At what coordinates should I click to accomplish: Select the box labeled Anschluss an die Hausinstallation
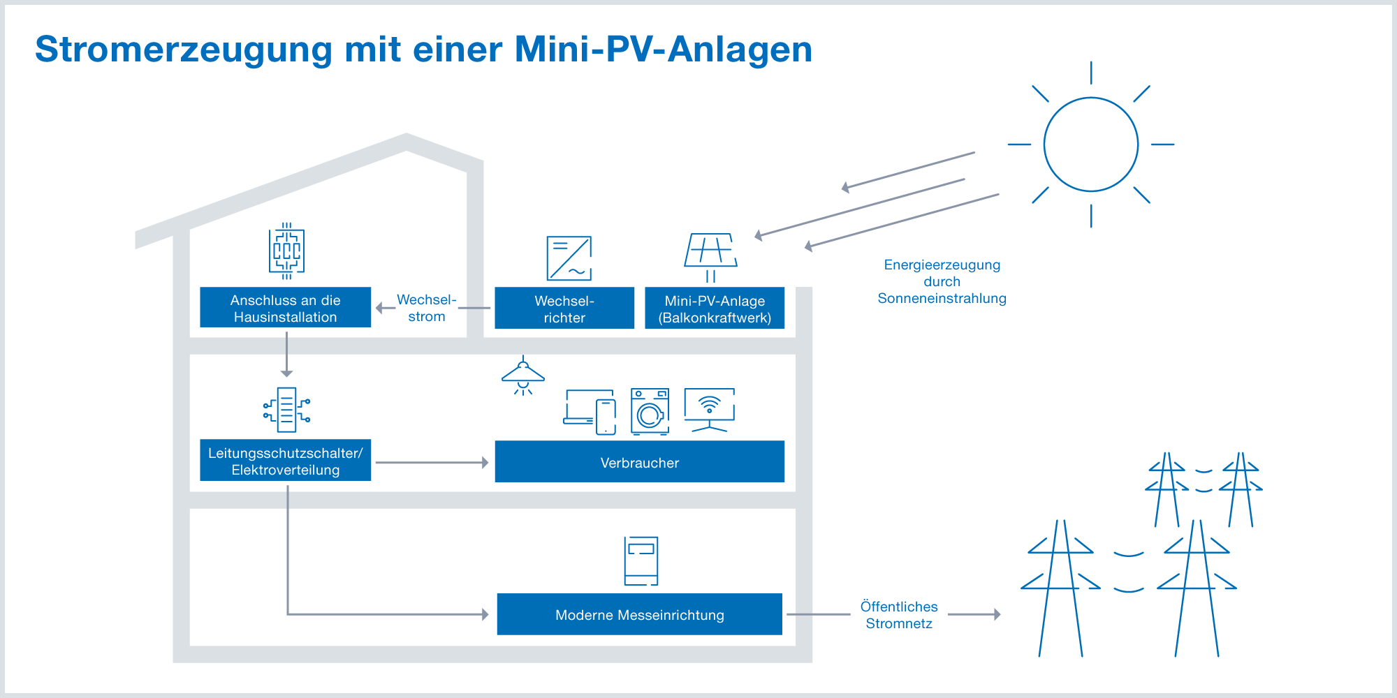click(285, 308)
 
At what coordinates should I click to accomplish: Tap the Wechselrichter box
click(564, 309)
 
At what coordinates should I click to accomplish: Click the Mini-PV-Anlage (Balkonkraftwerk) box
click(715, 309)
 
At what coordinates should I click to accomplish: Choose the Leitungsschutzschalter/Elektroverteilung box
click(285, 461)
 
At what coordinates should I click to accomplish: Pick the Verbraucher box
click(639, 462)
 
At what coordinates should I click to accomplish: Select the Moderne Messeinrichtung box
click(639, 614)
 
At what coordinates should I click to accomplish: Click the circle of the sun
click(1090, 144)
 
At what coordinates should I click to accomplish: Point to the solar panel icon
click(711, 251)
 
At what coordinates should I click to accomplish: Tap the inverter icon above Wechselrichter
click(569, 258)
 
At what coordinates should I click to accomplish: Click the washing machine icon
click(650, 412)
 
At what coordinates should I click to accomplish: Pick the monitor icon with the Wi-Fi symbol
click(709, 409)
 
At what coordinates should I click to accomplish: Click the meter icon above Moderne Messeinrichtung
click(641, 560)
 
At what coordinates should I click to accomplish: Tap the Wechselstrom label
click(426, 308)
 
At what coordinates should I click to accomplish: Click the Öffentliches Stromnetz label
click(899, 615)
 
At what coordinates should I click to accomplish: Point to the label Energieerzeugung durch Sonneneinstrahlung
click(942, 281)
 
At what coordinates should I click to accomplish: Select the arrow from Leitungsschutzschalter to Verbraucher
click(432, 462)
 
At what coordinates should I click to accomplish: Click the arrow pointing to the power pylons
click(974, 614)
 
